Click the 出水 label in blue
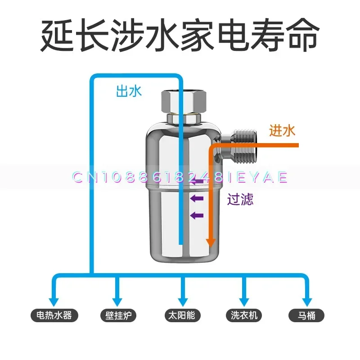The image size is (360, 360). click(x=129, y=91)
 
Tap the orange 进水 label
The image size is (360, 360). click(x=282, y=131)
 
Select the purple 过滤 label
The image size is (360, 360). click(x=240, y=199)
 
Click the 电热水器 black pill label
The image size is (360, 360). click(x=54, y=315)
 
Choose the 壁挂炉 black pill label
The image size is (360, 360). click(x=117, y=315)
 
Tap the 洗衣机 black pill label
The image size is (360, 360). click(x=244, y=315)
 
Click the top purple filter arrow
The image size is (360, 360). click(x=196, y=182)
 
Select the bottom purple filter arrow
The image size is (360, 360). click(x=196, y=215)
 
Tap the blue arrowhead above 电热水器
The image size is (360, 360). click(x=54, y=300)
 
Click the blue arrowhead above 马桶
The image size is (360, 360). click(x=307, y=300)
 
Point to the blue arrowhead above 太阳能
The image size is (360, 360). click(x=183, y=300)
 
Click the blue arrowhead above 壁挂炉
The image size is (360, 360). click(x=118, y=300)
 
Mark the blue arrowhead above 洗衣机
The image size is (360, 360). click(x=245, y=300)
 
